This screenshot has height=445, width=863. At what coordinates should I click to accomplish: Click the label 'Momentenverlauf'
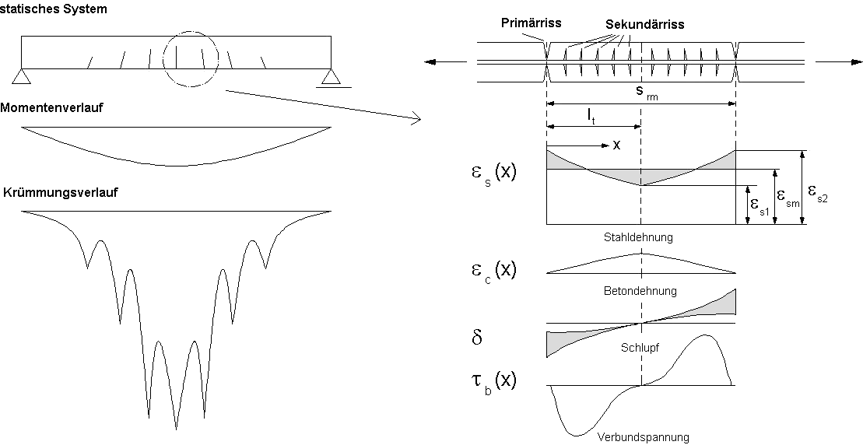52,108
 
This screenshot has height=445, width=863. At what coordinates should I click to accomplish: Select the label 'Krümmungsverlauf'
60,191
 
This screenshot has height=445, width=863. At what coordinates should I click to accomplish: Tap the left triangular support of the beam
22,76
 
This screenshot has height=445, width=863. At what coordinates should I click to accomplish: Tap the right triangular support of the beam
332,76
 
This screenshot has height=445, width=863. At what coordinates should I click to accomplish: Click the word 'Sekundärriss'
645,24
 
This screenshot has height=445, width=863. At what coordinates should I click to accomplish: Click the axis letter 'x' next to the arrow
616,145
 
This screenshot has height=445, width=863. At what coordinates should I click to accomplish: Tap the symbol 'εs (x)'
489,173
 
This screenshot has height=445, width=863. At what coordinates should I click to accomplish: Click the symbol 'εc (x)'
489,271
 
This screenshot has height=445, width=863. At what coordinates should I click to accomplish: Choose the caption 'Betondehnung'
640,290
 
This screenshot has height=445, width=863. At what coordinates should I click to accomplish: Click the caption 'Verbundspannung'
643,436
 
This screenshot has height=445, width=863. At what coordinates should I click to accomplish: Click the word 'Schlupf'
640,348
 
